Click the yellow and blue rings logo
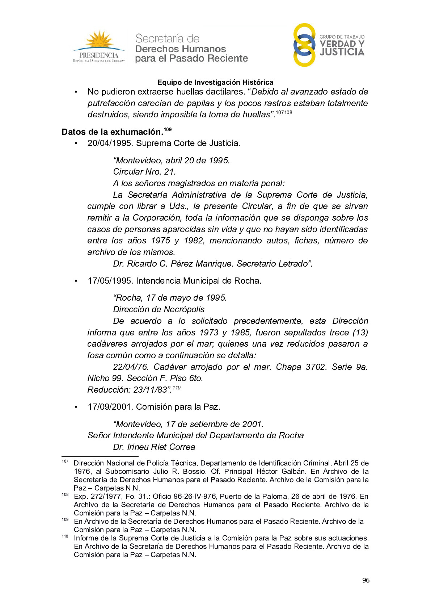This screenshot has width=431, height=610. click(304, 45)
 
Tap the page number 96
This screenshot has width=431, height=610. click(365, 580)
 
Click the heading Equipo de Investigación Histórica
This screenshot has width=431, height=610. click(215, 82)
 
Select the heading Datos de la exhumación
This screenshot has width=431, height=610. click(112, 132)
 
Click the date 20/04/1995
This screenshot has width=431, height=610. click(110, 143)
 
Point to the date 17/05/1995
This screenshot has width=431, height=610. click(110, 281)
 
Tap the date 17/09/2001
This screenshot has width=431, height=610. click(110, 407)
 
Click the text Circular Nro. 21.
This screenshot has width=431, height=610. click(144, 172)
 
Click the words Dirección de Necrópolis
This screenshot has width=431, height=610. click(159, 309)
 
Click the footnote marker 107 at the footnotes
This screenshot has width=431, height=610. click(65, 461)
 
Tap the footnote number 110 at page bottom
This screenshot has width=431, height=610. click(65, 536)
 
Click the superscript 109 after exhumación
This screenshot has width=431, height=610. click(168, 129)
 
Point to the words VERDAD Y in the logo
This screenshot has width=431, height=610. click(342, 44)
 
